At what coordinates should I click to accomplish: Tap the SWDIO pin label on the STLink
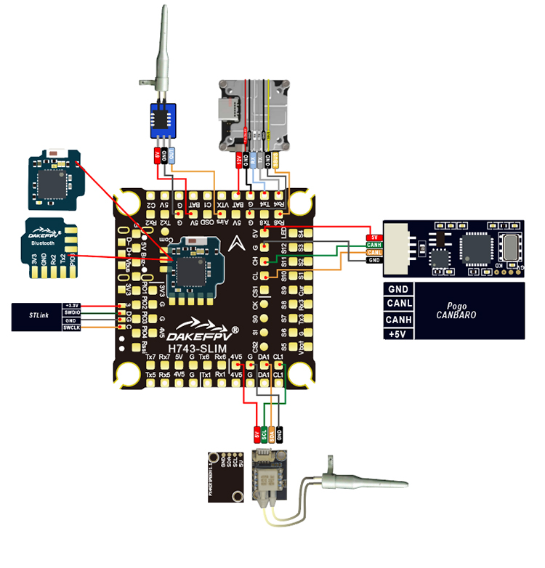tap(70, 312)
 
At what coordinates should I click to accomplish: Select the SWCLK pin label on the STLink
tap(70, 328)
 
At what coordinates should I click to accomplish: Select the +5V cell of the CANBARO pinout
tap(397, 333)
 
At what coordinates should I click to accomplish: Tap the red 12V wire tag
tap(239, 158)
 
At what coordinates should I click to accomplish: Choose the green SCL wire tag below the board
tap(265, 436)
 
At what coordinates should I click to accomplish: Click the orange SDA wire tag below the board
tap(272, 436)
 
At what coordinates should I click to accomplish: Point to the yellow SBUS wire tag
tap(277, 158)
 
